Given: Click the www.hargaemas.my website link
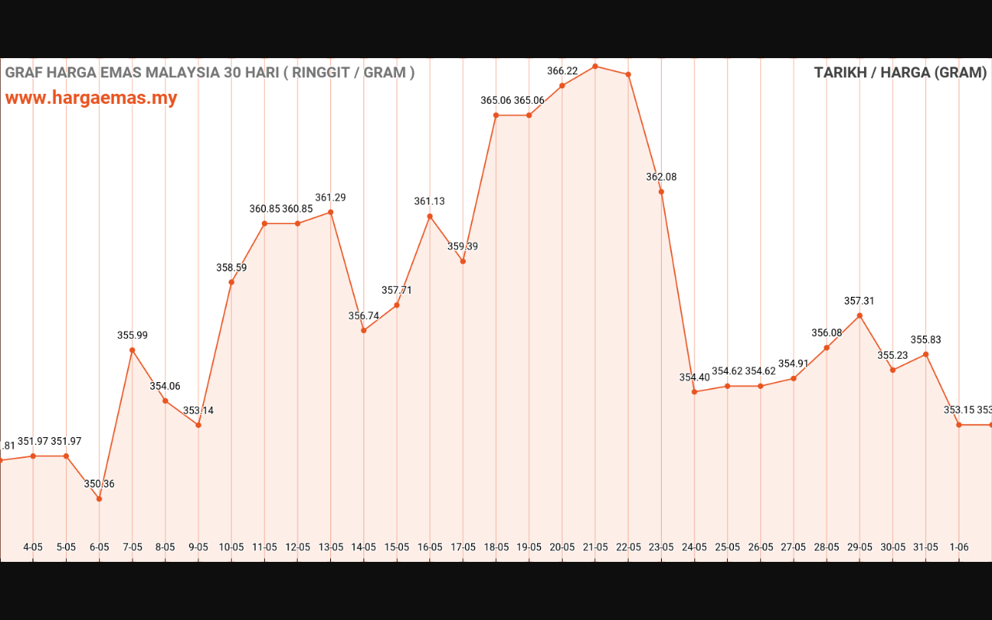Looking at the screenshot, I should tap(91, 98).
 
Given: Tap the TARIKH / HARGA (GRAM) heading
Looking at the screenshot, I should tap(900, 73).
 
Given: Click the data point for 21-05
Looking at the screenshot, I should tap(595, 66).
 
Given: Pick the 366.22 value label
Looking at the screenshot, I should tap(562, 71).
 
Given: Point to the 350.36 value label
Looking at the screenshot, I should tap(99, 484).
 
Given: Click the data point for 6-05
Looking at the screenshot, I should tap(99, 498).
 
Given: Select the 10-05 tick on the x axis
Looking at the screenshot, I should tap(231, 547).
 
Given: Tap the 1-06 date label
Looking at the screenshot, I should tap(959, 547).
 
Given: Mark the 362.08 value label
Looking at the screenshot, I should tap(661, 177).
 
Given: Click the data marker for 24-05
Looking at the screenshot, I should tap(694, 392).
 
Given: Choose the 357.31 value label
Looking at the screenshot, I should tap(859, 301).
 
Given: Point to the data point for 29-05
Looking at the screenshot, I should tap(859, 315).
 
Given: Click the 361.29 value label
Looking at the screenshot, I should tap(330, 198).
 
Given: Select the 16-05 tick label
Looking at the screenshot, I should tap(429, 547).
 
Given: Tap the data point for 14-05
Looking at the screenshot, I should tap(363, 330).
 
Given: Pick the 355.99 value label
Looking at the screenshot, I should tap(133, 336).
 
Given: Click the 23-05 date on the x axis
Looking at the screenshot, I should tap(661, 547).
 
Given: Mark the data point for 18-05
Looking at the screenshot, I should tap(496, 115).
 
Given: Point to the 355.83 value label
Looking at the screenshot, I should tap(925, 340).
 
